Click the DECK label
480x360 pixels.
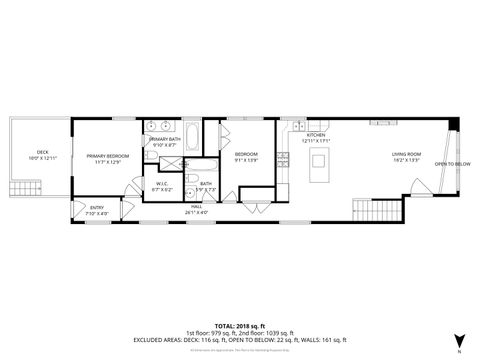point(30,153)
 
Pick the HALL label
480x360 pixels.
point(196,208)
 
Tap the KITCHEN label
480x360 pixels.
point(316,135)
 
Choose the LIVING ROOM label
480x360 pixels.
point(405,153)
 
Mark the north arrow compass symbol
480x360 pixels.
point(458,339)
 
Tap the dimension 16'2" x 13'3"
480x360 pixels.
point(405,159)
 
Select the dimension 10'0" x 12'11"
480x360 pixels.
point(30,159)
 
